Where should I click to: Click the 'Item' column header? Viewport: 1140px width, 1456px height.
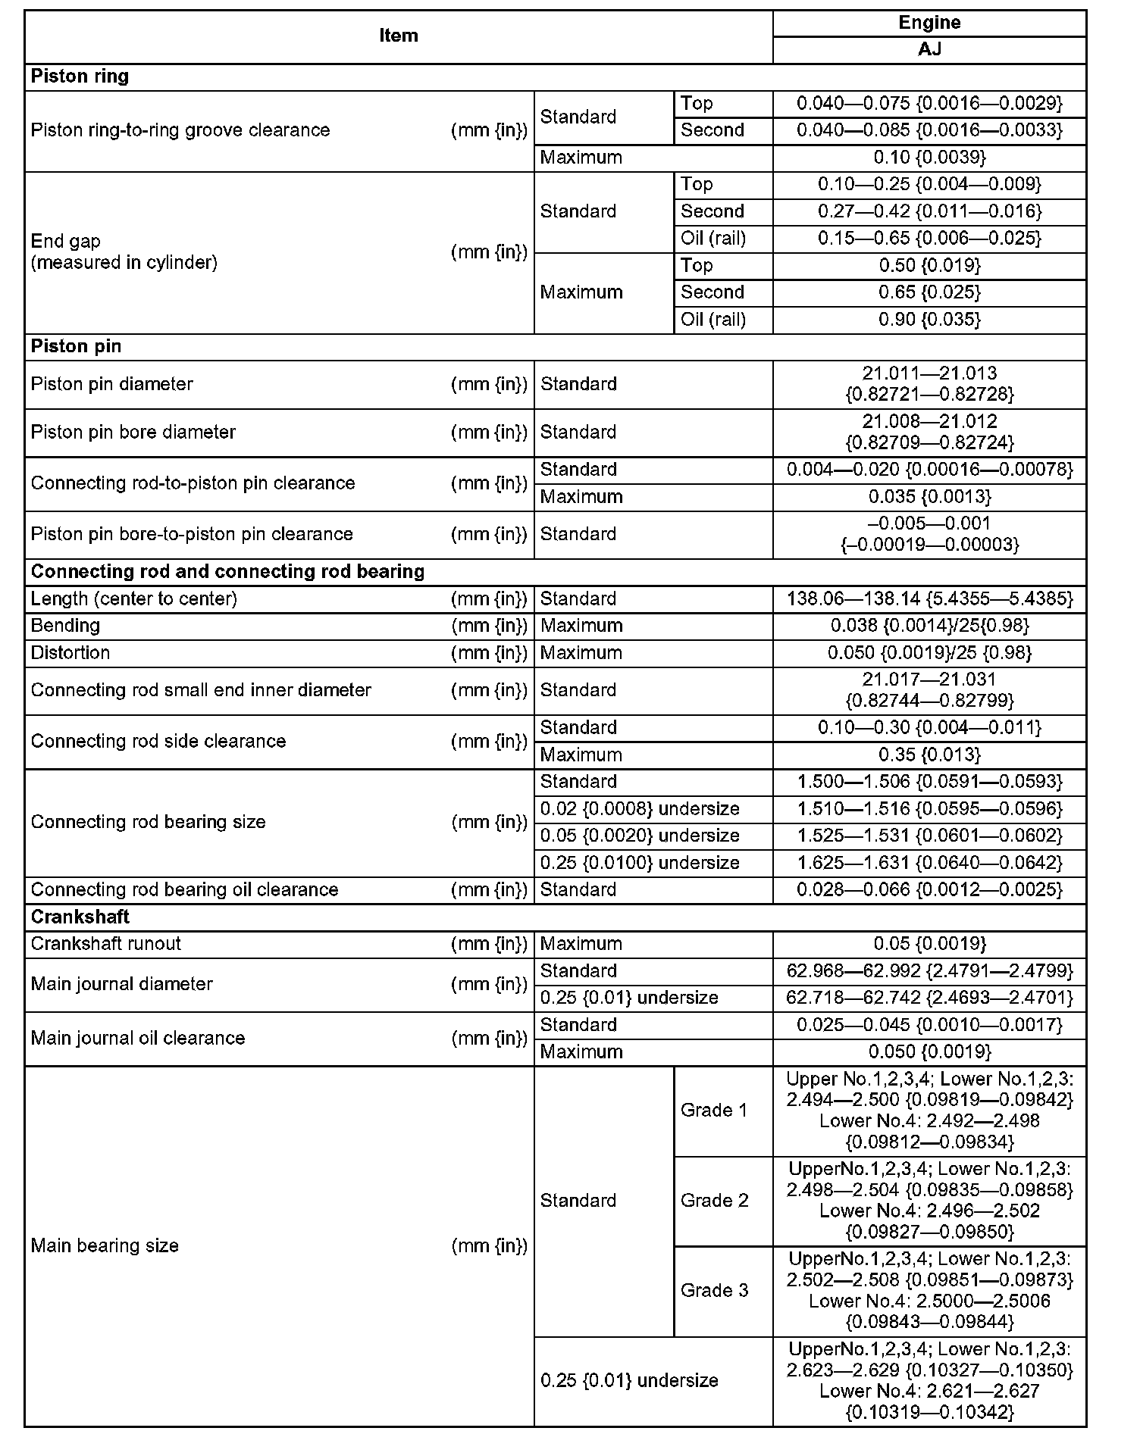[399, 36]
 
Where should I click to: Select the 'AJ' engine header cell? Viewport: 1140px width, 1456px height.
[929, 49]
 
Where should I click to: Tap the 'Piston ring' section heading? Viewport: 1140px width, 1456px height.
[80, 77]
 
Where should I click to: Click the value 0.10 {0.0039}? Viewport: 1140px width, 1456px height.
[929, 158]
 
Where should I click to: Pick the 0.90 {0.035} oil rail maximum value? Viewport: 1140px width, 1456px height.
[929, 320]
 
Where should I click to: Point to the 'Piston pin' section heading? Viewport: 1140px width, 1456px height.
[76, 346]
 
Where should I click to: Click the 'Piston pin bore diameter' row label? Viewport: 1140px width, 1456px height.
[133, 432]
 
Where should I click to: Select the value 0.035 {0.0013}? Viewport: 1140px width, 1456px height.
[929, 497]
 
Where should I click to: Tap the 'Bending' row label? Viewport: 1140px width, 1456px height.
[65, 626]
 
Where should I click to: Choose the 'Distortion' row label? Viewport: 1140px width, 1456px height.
[70, 653]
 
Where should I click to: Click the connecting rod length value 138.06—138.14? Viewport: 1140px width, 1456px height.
[929, 599]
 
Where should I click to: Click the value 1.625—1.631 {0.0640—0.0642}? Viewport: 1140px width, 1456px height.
[929, 863]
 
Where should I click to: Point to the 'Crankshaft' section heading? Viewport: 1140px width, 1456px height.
[80, 917]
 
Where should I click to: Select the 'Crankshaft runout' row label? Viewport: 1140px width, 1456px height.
[106, 944]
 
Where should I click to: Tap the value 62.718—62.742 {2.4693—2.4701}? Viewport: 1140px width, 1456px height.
[929, 998]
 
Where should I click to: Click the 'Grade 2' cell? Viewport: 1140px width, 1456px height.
[714, 1201]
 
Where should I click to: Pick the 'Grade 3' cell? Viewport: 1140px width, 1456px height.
[714, 1291]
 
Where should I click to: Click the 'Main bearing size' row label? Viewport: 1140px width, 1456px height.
[105, 1246]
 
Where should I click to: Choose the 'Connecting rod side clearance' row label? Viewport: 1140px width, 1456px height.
[158, 741]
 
